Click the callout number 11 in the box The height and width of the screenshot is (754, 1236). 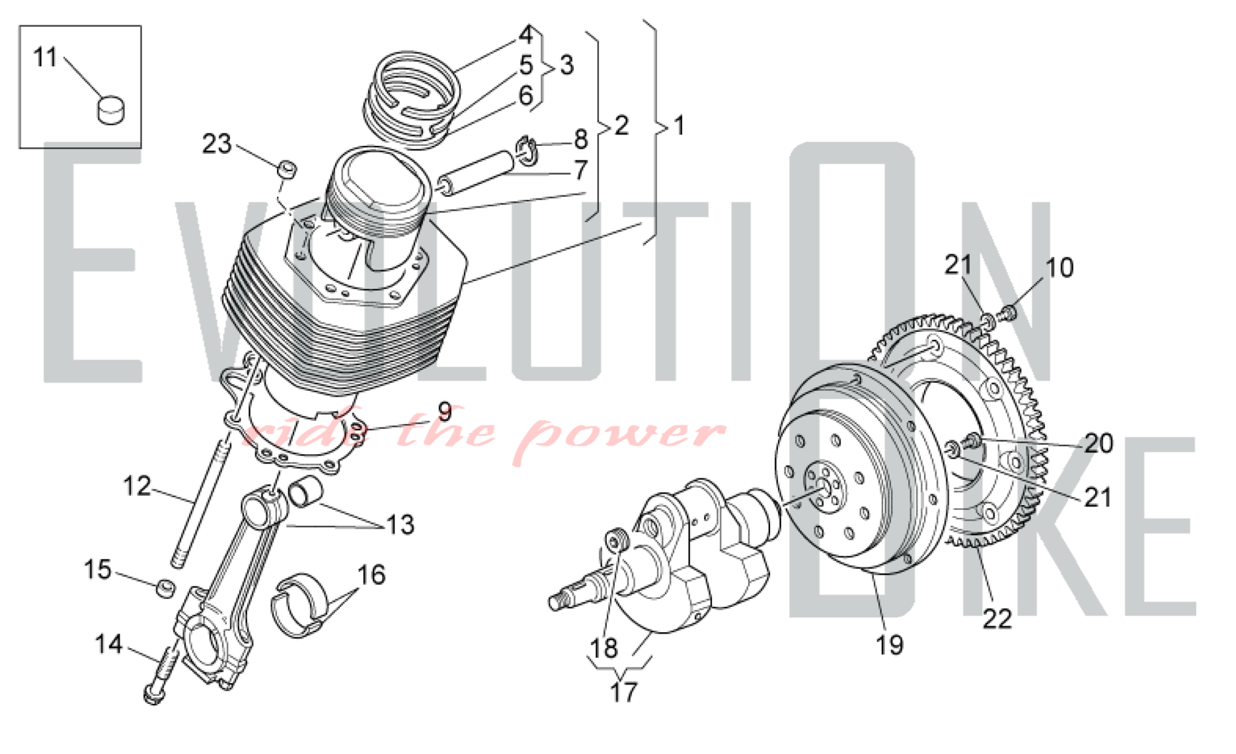(44, 57)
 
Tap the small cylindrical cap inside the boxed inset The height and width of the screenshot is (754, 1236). (111, 109)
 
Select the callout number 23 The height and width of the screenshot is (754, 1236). (217, 144)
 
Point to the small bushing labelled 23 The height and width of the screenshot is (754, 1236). (287, 169)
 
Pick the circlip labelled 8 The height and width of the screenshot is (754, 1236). (523, 151)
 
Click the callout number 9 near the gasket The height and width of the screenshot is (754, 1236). (445, 412)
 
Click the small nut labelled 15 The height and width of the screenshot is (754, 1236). (164, 588)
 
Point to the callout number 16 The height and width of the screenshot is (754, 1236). (371, 575)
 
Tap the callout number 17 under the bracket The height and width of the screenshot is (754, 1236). (623, 692)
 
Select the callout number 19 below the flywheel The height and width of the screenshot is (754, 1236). (890, 646)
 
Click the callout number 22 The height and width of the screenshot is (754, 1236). (997, 619)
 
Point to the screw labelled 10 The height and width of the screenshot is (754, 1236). (1009, 313)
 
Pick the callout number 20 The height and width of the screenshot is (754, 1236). (1099, 443)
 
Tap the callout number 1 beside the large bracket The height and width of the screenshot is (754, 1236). (679, 125)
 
